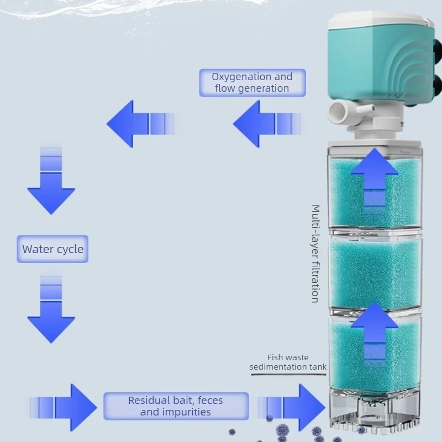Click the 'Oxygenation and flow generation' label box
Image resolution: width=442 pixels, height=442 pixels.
coord(252,82)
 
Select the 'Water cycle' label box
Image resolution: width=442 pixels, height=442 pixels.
coord(52,249)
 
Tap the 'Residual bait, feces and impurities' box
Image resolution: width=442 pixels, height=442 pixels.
coord(176,406)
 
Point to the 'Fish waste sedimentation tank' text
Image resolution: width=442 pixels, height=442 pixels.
coord(288,362)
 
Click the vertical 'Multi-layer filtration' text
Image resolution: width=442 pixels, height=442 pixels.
coord(315,254)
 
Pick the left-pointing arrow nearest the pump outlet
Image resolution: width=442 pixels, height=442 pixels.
coord(267,124)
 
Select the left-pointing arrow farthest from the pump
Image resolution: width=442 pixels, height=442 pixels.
coord(141,124)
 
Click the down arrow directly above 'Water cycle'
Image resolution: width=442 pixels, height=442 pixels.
coord(51,181)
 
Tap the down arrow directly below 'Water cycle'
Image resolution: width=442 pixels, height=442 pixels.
coord(51,309)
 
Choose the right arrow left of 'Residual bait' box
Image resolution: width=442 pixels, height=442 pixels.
coord(64,407)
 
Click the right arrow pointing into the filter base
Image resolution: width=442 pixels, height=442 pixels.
coord(292,407)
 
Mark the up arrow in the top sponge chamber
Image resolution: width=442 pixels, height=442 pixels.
coord(375,177)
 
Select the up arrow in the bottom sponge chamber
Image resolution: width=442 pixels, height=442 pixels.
coord(375,331)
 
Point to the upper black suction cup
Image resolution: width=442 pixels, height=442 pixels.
coord(438,49)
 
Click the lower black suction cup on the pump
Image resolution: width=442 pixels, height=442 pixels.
coord(437,85)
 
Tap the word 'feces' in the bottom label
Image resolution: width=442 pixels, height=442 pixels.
coord(211,400)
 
